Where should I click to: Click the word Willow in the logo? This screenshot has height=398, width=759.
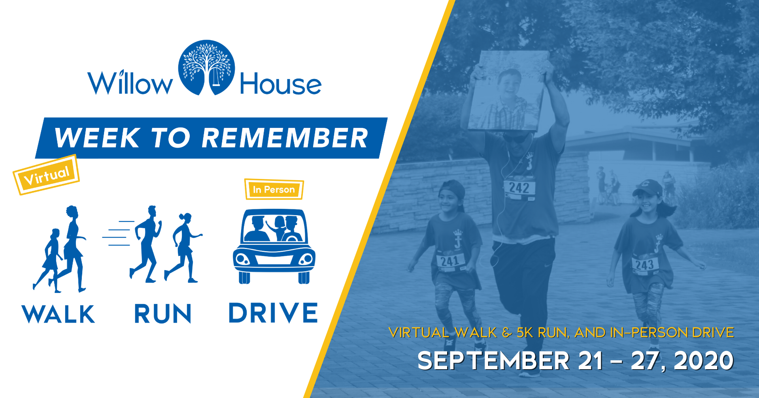tap(130, 83)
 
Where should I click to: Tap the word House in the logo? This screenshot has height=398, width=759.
tap(280, 84)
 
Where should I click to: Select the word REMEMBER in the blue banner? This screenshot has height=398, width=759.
tap(285, 138)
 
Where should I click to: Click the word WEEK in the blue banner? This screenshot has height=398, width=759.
tap(97, 138)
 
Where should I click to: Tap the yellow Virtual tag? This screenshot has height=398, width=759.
tap(47, 175)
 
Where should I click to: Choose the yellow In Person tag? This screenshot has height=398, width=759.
tap(274, 190)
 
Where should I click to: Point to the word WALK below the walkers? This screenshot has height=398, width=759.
tap(58, 314)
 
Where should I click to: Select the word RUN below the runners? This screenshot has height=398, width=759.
tap(163, 314)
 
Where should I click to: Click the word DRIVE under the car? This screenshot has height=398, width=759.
tap(273, 313)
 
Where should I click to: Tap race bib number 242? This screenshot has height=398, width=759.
tap(519, 188)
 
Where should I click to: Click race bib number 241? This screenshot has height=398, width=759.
tap(450, 261)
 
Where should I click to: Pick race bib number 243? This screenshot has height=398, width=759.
tap(645, 265)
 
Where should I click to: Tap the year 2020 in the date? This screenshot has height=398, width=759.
tap(704, 361)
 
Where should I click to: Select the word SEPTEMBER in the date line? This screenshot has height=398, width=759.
tap(493, 361)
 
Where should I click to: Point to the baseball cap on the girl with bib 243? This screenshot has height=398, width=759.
tap(648, 188)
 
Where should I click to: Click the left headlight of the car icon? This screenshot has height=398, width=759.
tap(242, 259)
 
